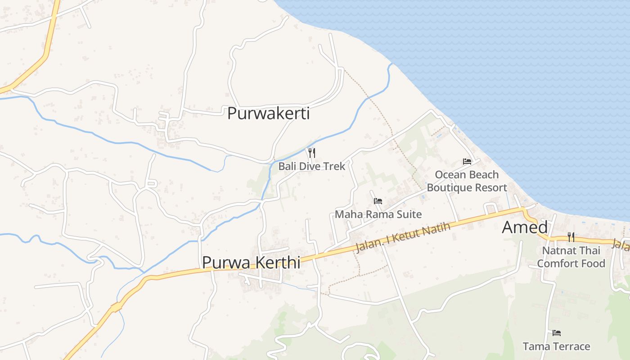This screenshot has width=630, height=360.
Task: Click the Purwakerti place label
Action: [268, 113]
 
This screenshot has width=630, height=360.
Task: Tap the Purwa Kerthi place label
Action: [251, 262]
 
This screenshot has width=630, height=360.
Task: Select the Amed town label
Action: [525, 228]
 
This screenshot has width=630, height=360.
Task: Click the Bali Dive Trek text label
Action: [311, 166]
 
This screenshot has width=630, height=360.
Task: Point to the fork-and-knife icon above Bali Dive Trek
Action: [311, 153]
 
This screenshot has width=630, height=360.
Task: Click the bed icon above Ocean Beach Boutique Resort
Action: [467, 162]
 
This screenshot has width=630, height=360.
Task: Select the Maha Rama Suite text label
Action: [378, 214]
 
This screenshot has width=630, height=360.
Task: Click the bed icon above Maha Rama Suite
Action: [378, 201]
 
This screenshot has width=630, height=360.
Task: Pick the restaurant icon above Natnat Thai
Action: [571, 237]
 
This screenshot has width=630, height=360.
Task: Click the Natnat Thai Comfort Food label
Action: [571, 257]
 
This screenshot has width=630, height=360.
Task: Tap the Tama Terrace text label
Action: [556, 346]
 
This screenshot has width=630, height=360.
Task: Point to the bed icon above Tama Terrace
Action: [557, 333]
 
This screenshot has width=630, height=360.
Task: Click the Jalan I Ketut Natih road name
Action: [403, 237]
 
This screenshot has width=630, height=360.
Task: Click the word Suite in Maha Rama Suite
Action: [409, 214]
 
